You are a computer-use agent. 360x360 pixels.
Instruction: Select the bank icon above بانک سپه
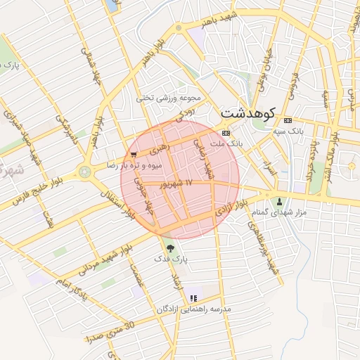pos(288,118)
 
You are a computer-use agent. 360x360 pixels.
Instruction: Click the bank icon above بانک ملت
pos(226,132)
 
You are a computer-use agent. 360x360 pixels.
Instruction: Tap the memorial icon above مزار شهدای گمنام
pos(280,201)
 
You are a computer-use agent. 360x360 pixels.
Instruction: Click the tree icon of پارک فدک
pos(169,247)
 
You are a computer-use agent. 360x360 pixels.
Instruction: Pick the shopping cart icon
pos(134,154)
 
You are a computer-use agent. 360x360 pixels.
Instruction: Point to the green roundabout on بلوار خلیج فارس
pos(85,172)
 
